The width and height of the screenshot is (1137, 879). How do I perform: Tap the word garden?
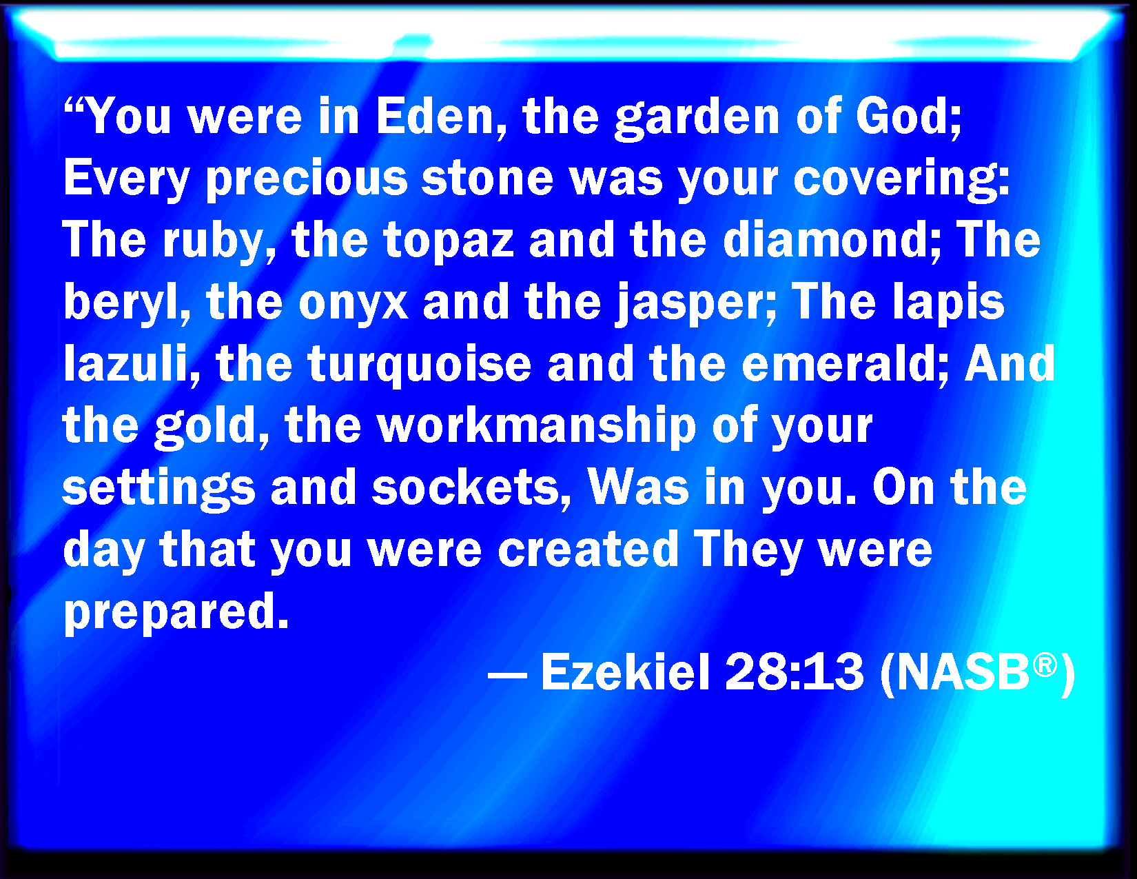pos(697,119)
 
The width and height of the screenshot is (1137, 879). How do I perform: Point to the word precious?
pos(307,179)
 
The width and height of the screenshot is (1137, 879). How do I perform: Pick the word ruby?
pos(219,241)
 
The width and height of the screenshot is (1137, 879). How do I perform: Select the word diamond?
pos(832,240)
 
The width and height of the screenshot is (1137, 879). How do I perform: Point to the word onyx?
pos(354,305)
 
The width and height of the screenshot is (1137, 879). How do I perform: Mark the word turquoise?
pos(419,365)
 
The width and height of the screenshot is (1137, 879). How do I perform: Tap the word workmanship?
pos(536,426)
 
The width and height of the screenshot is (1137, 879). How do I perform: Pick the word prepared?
pos(176,612)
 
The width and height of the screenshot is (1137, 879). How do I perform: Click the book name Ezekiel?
pos(626,672)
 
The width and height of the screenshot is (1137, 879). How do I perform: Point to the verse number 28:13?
pos(795,672)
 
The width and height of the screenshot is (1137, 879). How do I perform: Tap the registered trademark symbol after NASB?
pos(1045,665)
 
